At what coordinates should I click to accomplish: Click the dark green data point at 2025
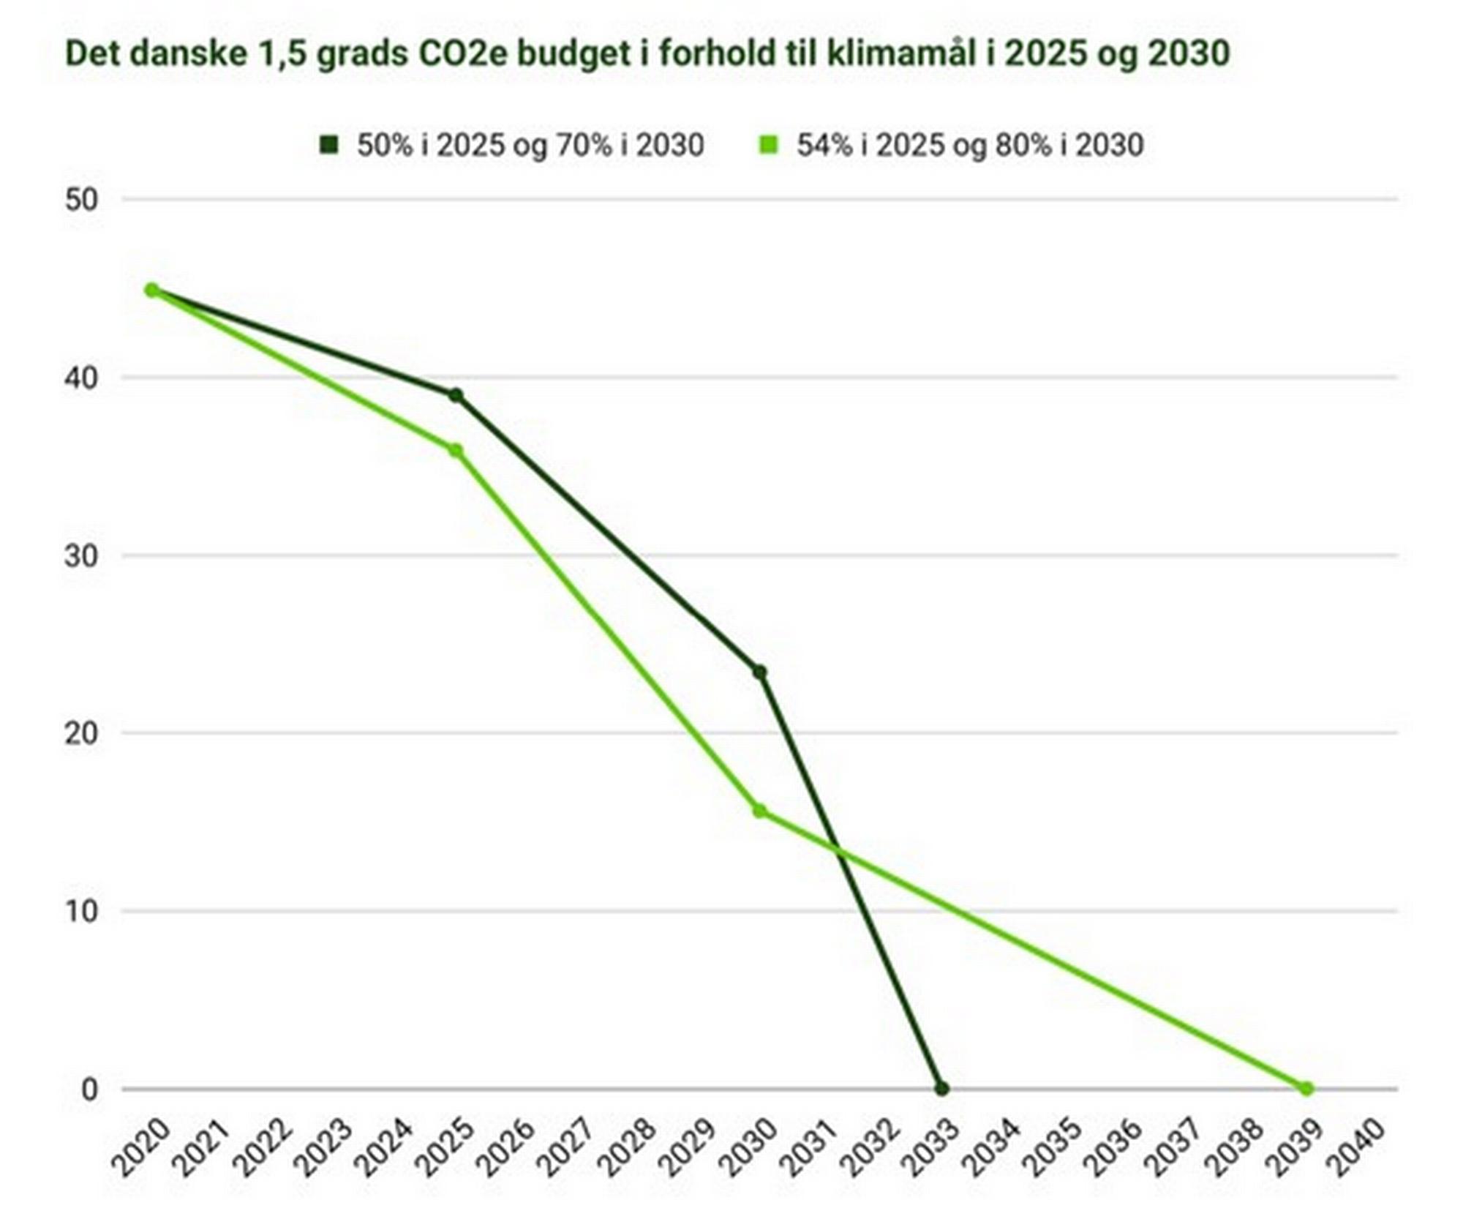coord(455,395)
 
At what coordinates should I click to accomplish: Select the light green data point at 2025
coord(455,450)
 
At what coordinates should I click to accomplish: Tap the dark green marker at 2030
coord(759,672)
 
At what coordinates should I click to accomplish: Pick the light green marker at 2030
coord(759,811)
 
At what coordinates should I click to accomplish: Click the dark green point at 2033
coord(941,1089)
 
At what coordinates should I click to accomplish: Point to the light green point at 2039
coord(1306,1089)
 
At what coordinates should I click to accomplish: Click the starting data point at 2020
coord(151,290)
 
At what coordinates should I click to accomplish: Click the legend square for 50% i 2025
coord(329,145)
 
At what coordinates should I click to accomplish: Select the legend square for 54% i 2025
coord(769,145)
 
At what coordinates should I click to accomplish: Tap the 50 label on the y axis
coord(80,200)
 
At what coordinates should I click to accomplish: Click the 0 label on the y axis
coord(89,1090)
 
